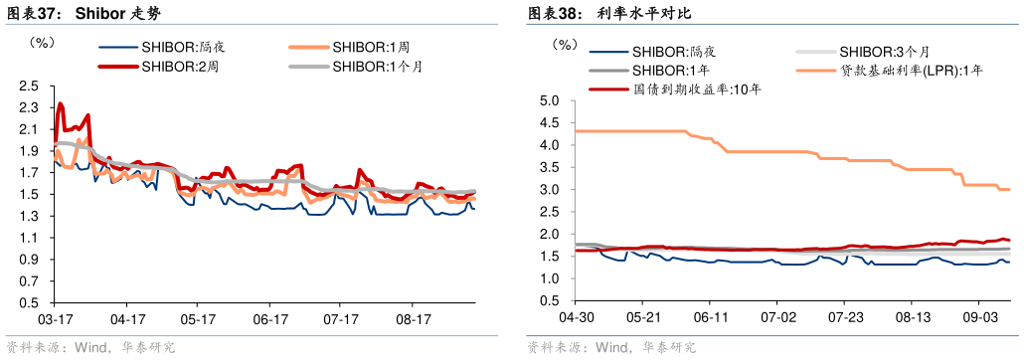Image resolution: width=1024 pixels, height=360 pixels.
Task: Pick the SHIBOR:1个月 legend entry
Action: point(377,67)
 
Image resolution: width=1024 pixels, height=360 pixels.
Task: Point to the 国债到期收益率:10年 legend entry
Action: point(697,89)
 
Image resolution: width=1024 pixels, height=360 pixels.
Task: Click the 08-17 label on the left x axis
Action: point(412,320)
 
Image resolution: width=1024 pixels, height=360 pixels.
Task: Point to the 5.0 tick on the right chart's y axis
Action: point(549,100)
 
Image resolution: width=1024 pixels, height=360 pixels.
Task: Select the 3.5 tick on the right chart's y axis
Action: point(549,167)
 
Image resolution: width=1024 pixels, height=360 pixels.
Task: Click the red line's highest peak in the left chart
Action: point(61,103)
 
